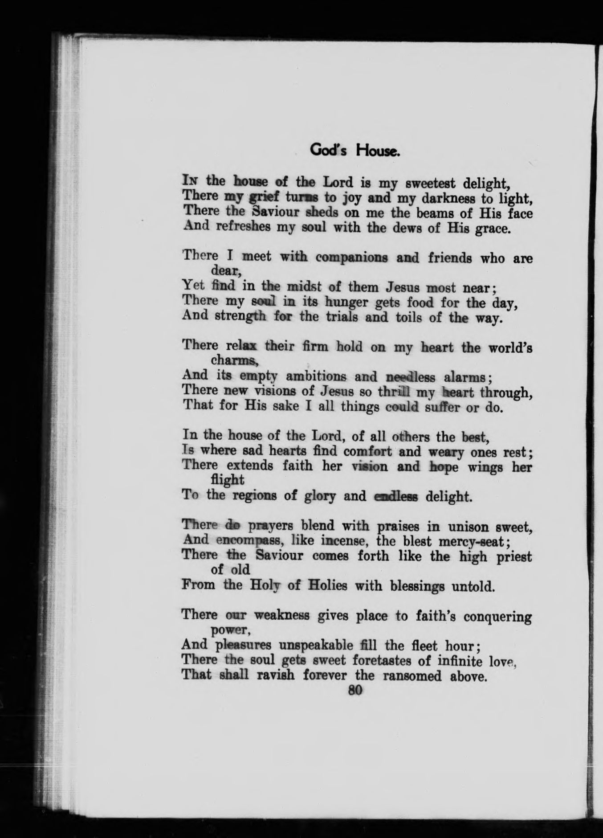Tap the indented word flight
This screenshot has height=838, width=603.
[x=227, y=480]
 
